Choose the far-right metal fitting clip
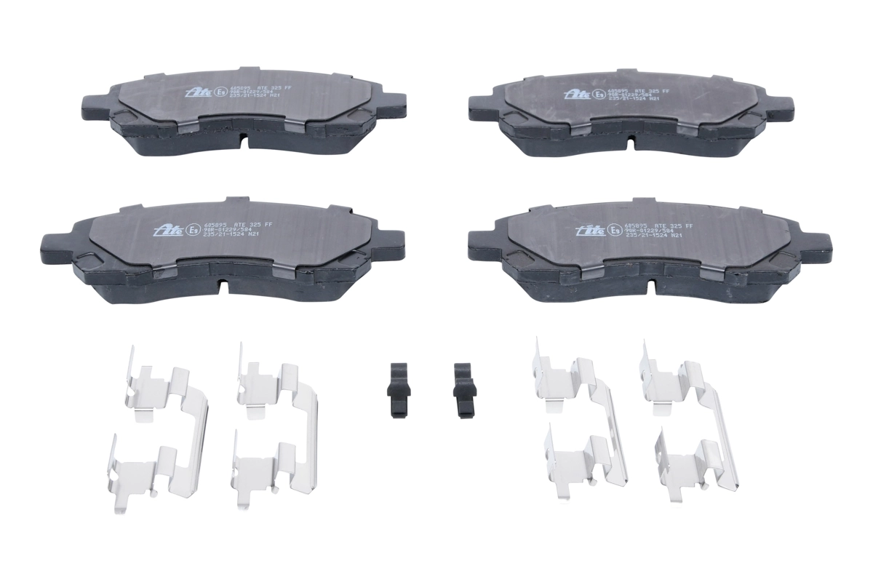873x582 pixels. pyautogui.click(x=691, y=422)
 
